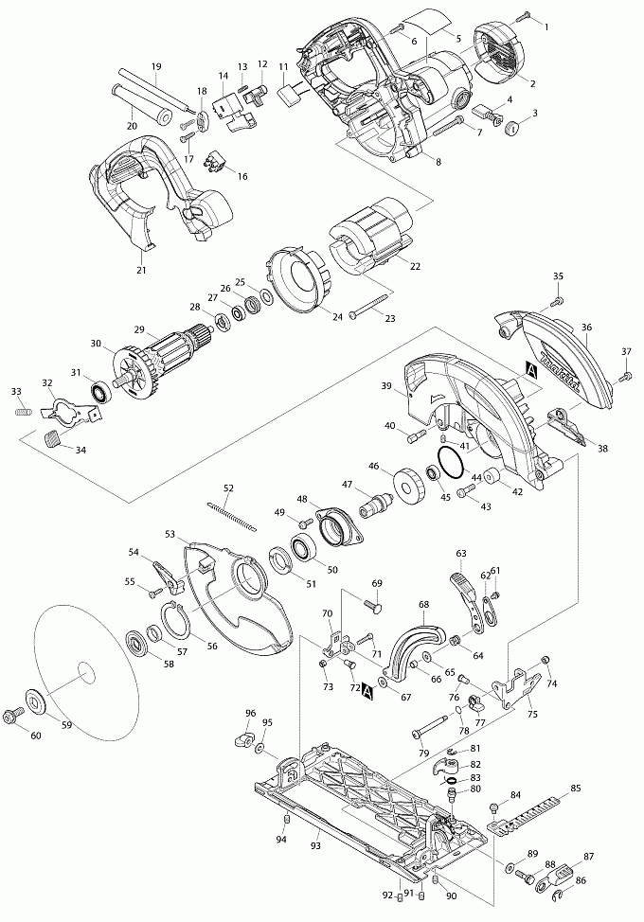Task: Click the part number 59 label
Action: (65, 725)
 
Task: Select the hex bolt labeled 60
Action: (15, 713)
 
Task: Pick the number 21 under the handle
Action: (143, 271)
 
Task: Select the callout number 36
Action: (586, 328)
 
